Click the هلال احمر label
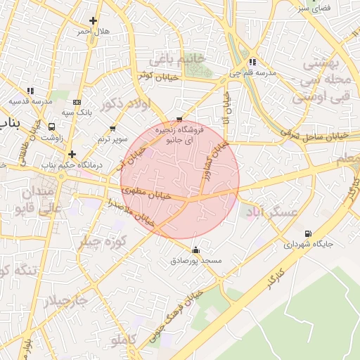[x=93, y=32]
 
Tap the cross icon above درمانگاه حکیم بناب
[x=72, y=153]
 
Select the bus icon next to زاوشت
[x=52, y=127]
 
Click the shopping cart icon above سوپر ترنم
[x=112, y=129]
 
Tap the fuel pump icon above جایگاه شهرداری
[x=307, y=234]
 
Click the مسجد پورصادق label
[x=196, y=260]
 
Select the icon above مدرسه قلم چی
[x=252, y=62]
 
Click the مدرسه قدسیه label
[x=31, y=101]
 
